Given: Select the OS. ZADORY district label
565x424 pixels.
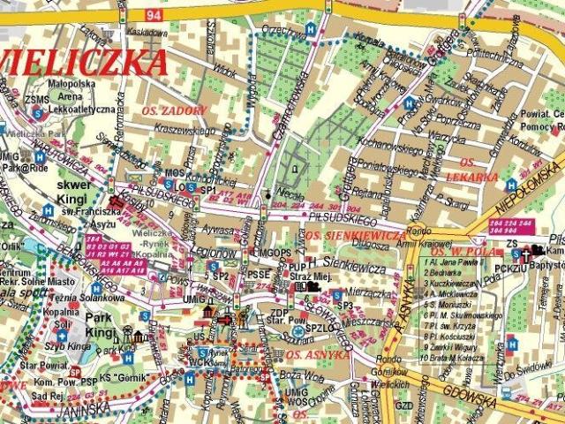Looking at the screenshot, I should (173, 110).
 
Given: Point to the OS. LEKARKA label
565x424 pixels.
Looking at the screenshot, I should (485, 170).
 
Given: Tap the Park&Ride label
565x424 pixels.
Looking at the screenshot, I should (23, 167).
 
